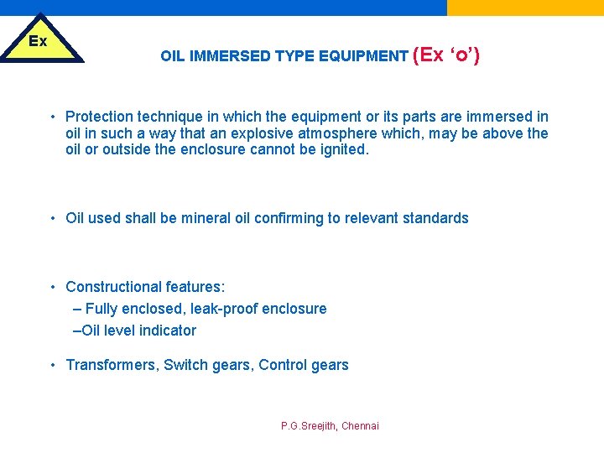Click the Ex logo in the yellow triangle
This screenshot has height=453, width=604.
tap(38, 40)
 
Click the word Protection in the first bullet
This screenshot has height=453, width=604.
tap(102, 117)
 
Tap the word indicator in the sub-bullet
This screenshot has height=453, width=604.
tap(168, 331)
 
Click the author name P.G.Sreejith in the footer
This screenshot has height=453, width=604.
tap(308, 426)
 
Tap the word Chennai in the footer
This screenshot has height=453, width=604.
tap(360, 426)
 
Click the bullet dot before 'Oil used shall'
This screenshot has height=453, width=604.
tap(52, 218)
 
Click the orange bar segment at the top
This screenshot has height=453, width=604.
tap(525, 8)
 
